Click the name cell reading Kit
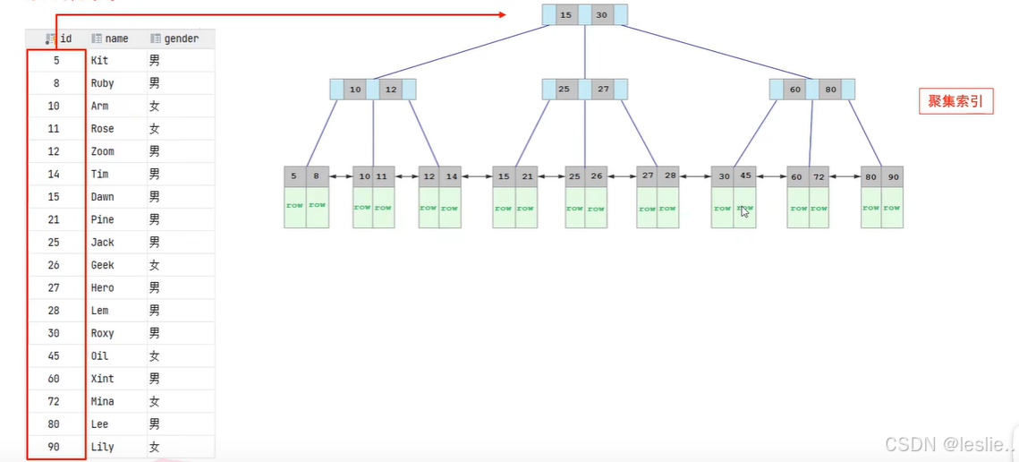[99, 60]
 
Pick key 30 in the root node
[601, 15]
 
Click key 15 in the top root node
[565, 15]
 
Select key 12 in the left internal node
[390, 90]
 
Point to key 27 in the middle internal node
[603, 90]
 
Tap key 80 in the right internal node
[830, 90]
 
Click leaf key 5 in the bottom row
[294, 176]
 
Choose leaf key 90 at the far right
[893, 176]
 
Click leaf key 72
[819, 176]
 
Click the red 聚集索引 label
[955, 102]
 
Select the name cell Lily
[102, 447]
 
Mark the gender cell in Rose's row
[155, 129]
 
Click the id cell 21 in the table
[55, 219]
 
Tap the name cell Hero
[102, 287]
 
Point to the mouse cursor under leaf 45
[744, 212]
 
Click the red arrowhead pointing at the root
[501, 14]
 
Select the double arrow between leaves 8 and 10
[341, 177]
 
